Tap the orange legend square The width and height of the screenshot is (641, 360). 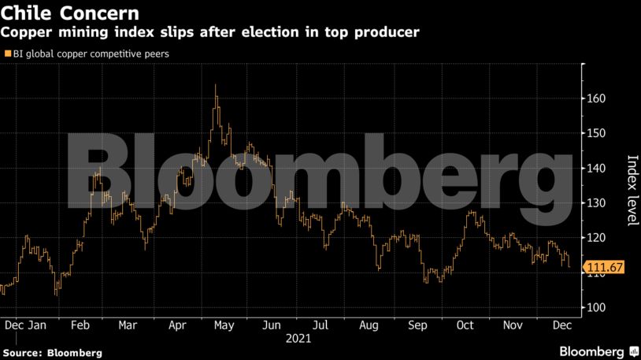(x=8, y=54)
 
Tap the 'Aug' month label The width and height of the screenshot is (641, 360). (x=369, y=324)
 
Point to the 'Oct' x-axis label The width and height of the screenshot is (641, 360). (x=465, y=324)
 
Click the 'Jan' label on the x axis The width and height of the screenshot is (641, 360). (x=37, y=324)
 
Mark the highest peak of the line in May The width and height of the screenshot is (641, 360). (x=216, y=85)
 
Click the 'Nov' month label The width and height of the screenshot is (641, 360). (x=513, y=324)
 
